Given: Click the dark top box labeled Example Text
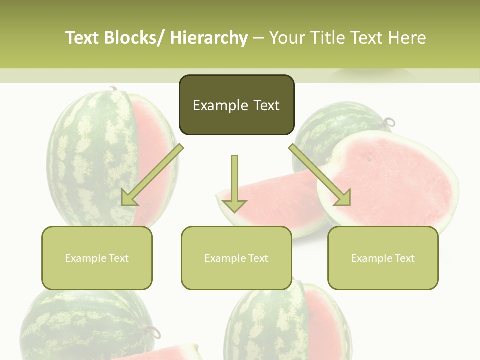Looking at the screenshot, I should point(236,105).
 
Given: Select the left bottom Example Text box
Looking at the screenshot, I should point(97,258).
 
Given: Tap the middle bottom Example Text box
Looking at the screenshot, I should point(236,258).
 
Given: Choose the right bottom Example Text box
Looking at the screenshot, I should point(383,258).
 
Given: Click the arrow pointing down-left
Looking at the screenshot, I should point(152,175).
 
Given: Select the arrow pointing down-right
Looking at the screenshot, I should point(320,175).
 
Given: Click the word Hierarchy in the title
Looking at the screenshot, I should point(209,38).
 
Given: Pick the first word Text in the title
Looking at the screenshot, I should point(83,38).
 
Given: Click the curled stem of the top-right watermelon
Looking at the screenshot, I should point(390,121).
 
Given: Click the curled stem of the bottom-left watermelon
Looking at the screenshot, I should point(153,331).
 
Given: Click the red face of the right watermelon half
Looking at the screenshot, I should point(395,180).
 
